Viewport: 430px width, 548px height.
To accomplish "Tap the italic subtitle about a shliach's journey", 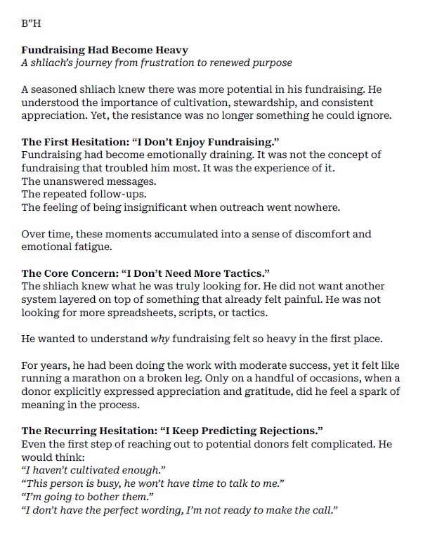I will coord(157,63).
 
